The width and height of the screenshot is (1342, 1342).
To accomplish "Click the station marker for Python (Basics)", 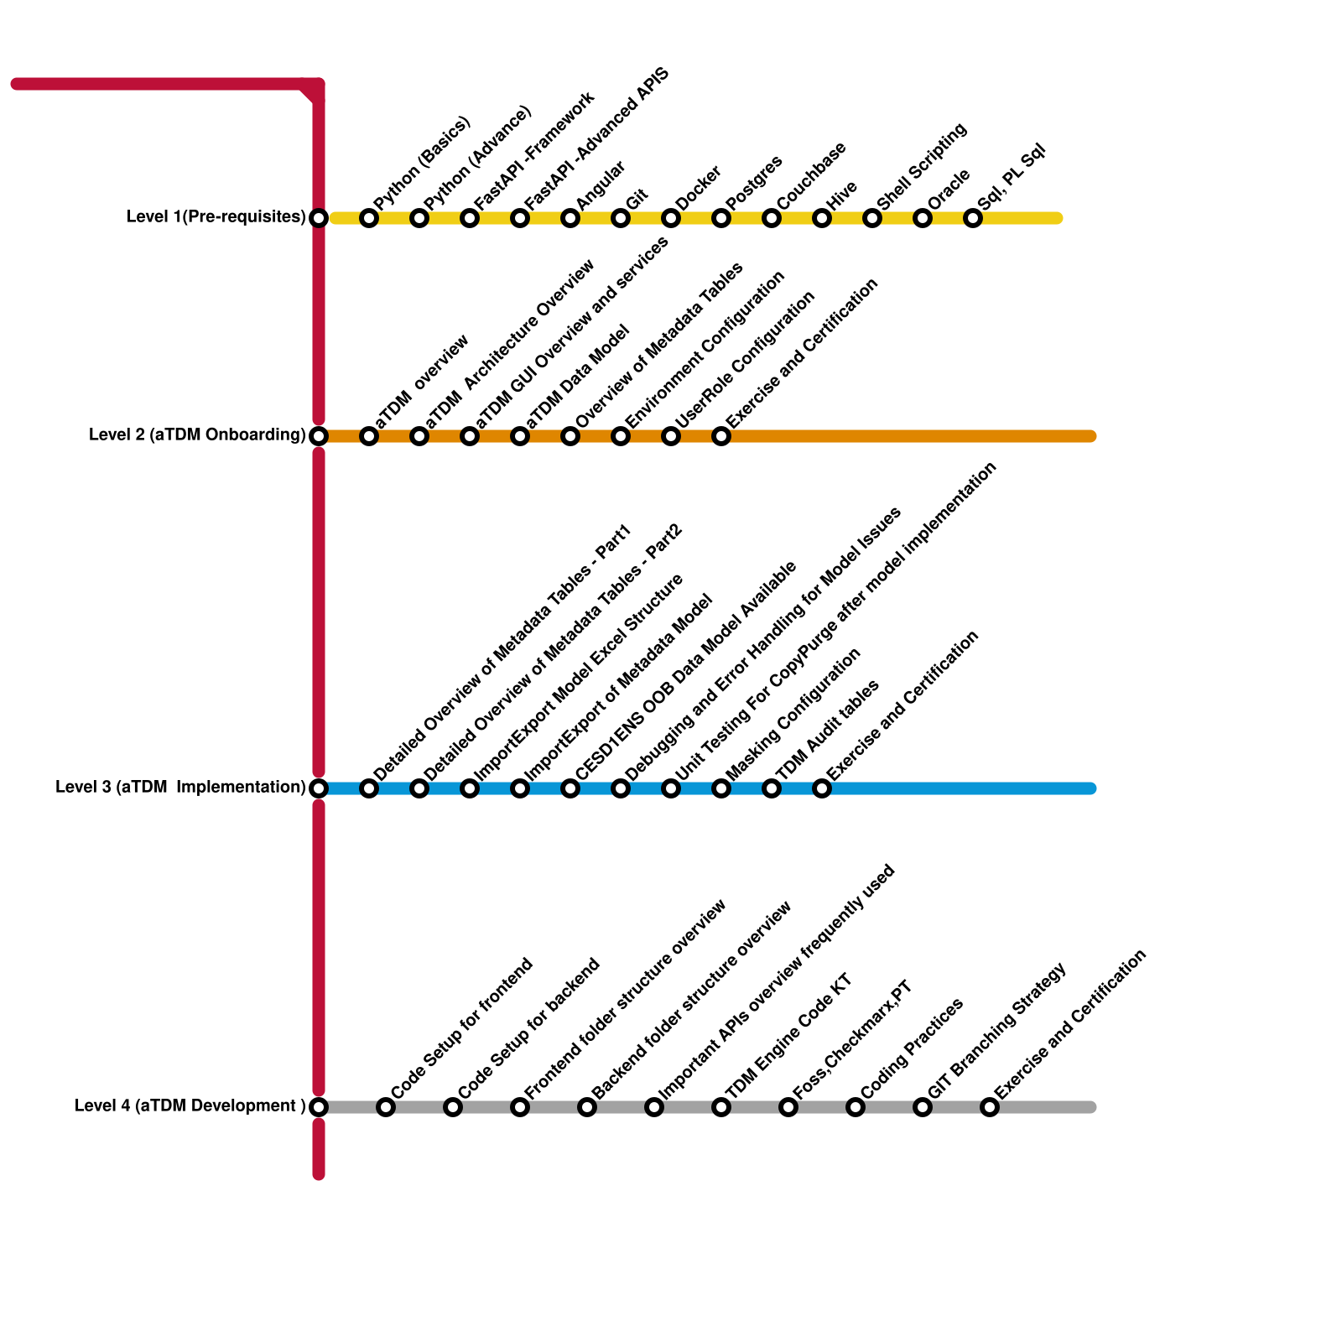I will pos(369,219).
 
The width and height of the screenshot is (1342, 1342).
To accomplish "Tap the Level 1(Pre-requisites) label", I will pos(216,217).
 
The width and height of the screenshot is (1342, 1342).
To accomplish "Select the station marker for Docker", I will pos(671,219).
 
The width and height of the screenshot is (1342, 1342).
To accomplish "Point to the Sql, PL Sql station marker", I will pos(973,219).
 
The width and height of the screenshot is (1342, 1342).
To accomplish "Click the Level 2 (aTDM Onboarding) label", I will pos(197,435).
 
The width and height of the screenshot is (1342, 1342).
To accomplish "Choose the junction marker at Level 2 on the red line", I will pos(319,436).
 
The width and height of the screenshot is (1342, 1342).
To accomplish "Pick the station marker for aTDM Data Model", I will pos(520,436).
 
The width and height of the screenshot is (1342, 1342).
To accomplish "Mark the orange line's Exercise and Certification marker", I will pos(721,436).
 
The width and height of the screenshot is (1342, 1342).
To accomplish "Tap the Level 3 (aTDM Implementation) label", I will pos(180,788).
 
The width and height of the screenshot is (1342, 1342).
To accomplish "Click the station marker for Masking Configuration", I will pos(721,788).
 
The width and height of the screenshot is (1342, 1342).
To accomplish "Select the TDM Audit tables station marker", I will pos(772,788).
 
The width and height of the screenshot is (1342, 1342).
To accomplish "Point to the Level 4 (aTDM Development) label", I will pos(190,1106).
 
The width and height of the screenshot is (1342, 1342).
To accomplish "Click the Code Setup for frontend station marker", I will pos(386,1107).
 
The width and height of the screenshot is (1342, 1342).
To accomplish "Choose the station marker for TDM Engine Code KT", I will pos(721,1107).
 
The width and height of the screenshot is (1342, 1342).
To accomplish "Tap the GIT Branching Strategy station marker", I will pos(923,1107).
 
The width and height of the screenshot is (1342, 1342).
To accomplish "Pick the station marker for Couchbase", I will pos(772,219).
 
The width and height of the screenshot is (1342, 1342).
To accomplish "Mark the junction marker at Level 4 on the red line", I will pos(319,1107).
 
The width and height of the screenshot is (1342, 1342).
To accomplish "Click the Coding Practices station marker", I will pos(856,1107).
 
